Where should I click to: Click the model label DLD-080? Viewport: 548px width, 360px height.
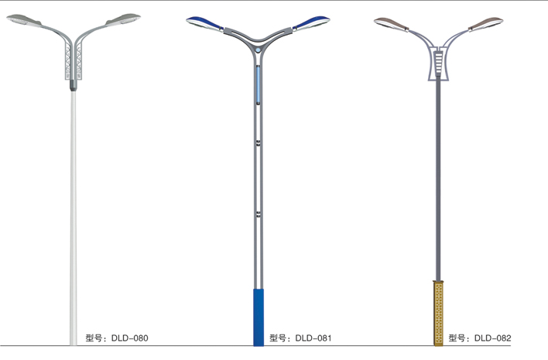pyautogui.click(x=130, y=338)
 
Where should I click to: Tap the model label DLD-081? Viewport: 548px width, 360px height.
pyautogui.click(x=313, y=338)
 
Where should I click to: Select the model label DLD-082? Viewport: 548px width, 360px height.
pyautogui.click(x=493, y=338)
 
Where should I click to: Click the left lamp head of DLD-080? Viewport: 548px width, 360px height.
pyautogui.click(x=24, y=20)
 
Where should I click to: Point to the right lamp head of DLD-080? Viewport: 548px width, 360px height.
pyautogui.click(x=123, y=19)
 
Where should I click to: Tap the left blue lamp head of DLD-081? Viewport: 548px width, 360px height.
pyautogui.click(x=205, y=23)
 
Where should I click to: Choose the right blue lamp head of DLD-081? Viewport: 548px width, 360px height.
pyautogui.click(x=311, y=22)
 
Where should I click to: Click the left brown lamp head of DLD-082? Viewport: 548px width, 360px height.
pyautogui.click(x=392, y=24)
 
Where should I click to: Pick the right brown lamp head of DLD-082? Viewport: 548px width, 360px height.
pyautogui.click(x=486, y=23)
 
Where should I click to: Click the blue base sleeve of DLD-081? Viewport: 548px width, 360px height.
pyautogui.click(x=259, y=317)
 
